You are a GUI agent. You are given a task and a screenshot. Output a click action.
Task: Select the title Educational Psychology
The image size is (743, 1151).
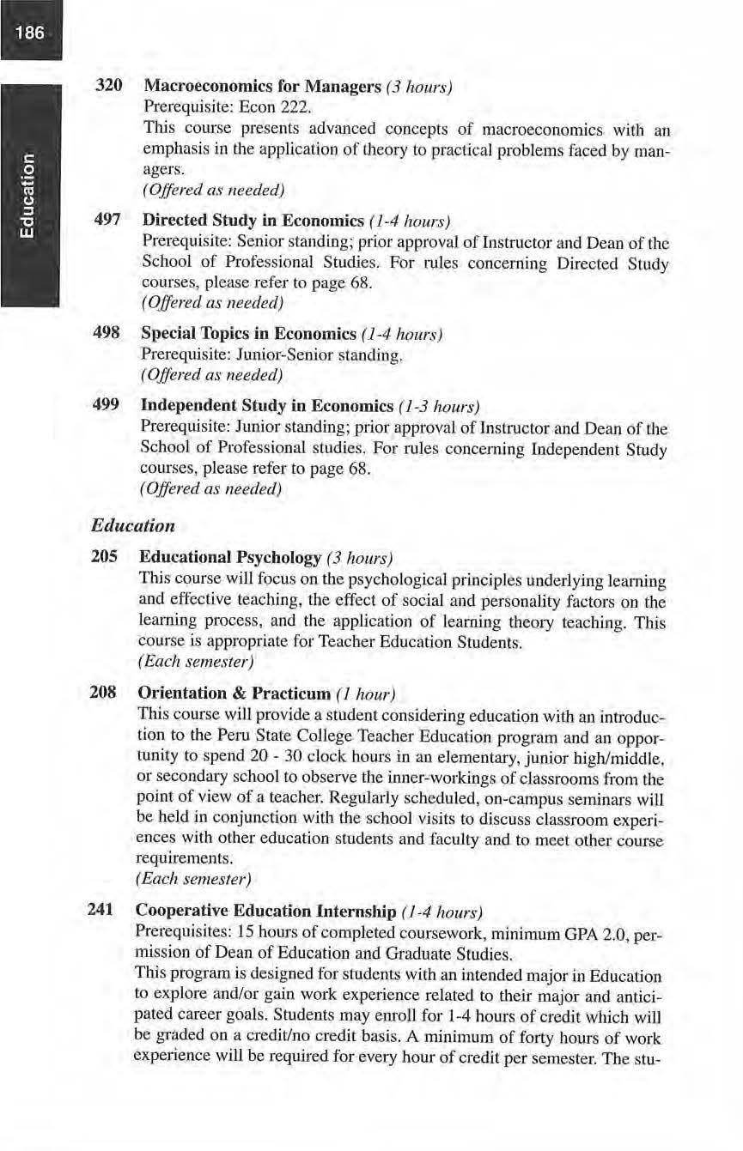(232, 556)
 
